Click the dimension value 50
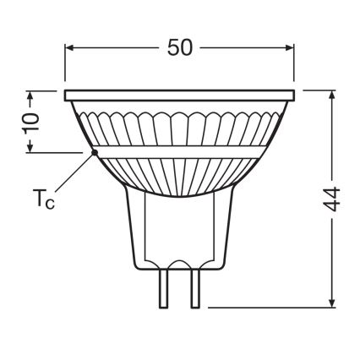coord(179,47)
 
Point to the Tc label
coord(45,202)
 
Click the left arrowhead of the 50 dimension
coord(70,47)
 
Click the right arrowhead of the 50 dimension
coord(289,47)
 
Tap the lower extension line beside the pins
coord(270,307)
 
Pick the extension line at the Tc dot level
coord(55,152)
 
